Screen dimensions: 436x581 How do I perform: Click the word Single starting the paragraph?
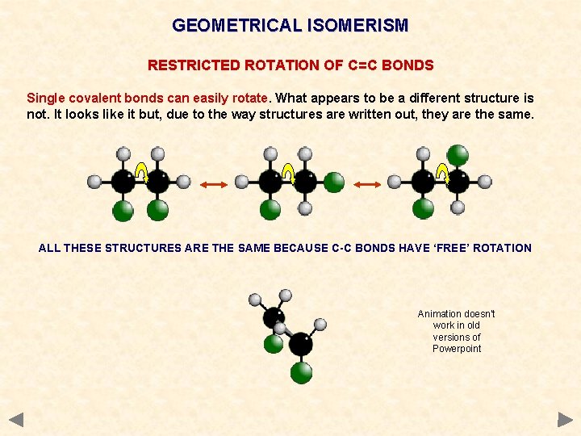[47, 99]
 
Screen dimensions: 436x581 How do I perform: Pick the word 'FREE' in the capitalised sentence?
[454, 248]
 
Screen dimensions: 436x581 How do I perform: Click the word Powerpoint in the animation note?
[457, 349]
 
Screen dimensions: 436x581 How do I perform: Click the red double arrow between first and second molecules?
[215, 185]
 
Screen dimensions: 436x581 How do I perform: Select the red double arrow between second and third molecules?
[367, 185]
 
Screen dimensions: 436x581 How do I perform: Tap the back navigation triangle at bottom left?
[16, 420]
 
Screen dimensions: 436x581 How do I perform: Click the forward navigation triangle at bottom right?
[565, 420]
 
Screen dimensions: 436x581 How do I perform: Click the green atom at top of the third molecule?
[458, 153]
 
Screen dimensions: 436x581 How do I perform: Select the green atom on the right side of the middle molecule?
[334, 182]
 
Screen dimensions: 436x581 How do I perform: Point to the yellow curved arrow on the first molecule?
[140, 172]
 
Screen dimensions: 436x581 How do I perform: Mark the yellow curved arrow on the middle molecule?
[288, 172]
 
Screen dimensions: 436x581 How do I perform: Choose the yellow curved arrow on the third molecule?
[441, 172]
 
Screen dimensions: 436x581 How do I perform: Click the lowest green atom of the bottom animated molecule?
[301, 373]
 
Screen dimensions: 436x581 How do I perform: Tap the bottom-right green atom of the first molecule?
[157, 211]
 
